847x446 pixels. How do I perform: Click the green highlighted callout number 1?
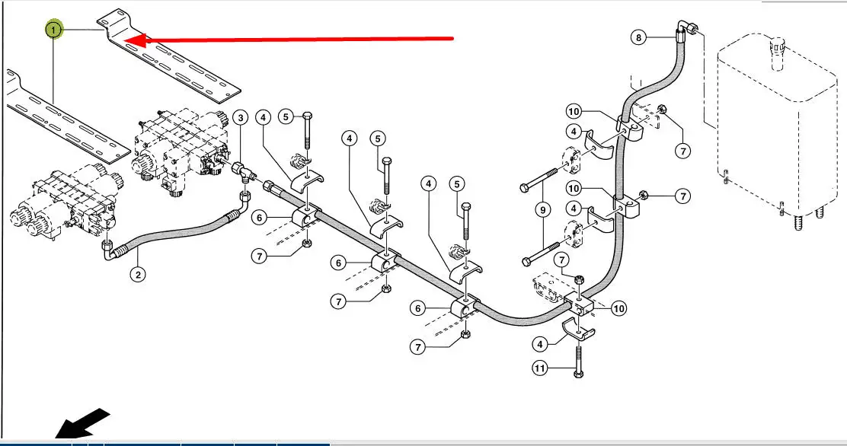pyautogui.click(x=53, y=30)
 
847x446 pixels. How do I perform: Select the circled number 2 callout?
pyautogui.click(x=137, y=275)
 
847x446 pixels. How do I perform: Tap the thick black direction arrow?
pyautogui.click(x=84, y=424)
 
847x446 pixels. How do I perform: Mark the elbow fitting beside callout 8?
pyautogui.click(x=686, y=30)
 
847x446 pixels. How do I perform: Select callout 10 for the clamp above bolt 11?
pyautogui.click(x=618, y=308)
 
